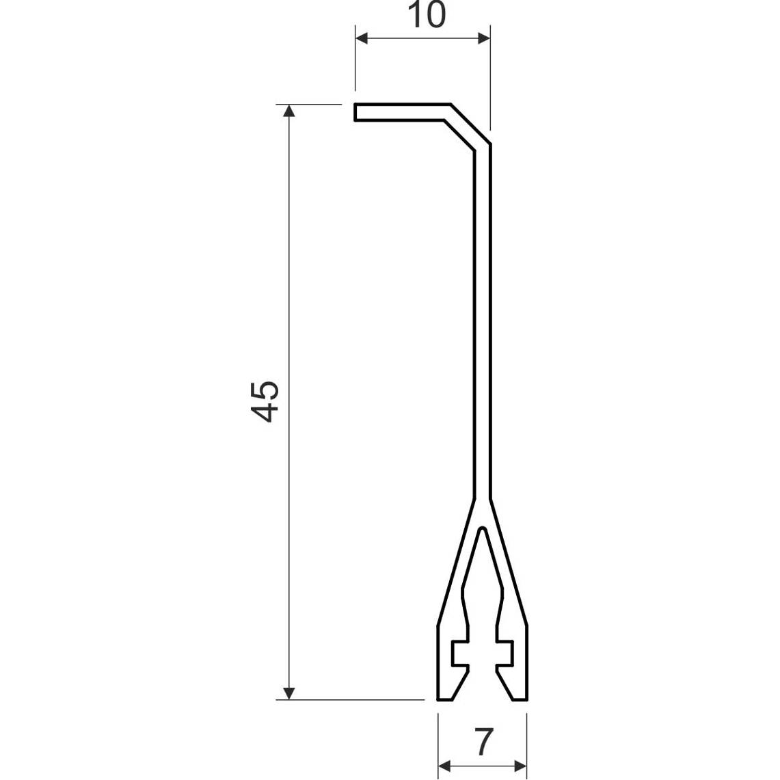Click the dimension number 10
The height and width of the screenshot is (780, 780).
pyautogui.click(x=427, y=15)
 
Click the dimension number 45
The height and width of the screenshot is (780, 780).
pyautogui.click(x=264, y=401)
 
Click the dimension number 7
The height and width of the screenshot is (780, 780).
pyautogui.click(x=483, y=742)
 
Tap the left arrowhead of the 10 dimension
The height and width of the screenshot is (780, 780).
pyautogui.click(x=362, y=38)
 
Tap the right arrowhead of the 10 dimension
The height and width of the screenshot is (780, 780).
pyautogui.click(x=484, y=38)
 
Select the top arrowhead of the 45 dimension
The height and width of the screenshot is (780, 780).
pyautogui.click(x=288, y=111)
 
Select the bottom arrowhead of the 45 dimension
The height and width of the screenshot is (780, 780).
pyautogui.click(x=288, y=693)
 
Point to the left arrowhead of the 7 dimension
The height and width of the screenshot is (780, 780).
pyautogui.click(x=444, y=766)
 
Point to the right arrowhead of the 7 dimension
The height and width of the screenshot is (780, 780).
pyautogui.click(x=520, y=766)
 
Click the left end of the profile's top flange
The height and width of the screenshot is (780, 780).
pyautogui.click(x=355, y=112)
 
